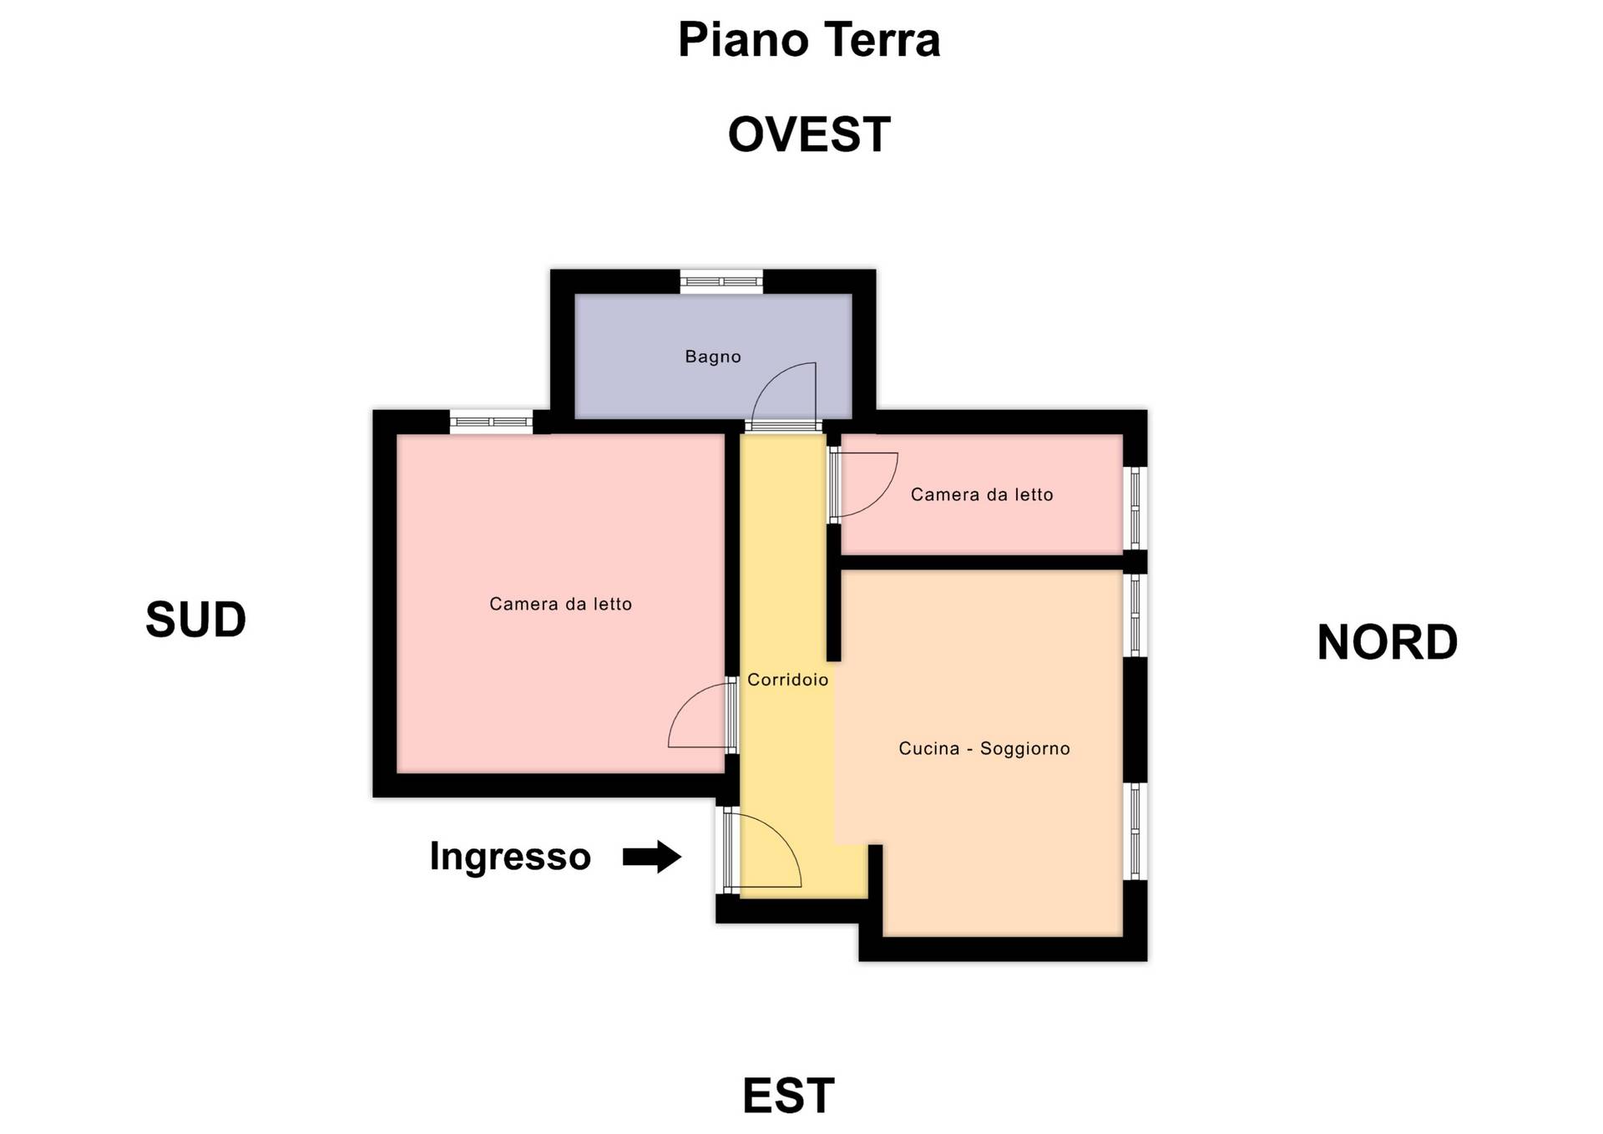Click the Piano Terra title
pyautogui.click(x=808, y=40)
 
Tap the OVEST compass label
pyautogui.click(x=808, y=134)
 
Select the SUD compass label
pyautogui.click(x=195, y=620)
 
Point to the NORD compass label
pyautogui.click(x=1387, y=642)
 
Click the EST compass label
pyautogui.click(x=788, y=1096)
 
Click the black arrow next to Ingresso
pyautogui.click(x=652, y=857)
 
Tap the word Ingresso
pyautogui.click(x=510, y=857)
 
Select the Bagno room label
pyautogui.click(x=713, y=357)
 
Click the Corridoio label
pyautogui.click(x=787, y=680)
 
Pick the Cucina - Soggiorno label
pyautogui.click(x=984, y=749)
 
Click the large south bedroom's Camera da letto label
pyautogui.click(x=560, y=605)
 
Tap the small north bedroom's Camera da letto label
pyautogui.click(x=981, y=495)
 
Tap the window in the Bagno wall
pyautogui.click(x=721, y=281)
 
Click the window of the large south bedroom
pyautogui.click(x=491, y=422)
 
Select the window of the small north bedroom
pyautogui.click(x=1135, y=507)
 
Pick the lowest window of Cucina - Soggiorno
pyautogui.click(x=1135, y=831)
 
